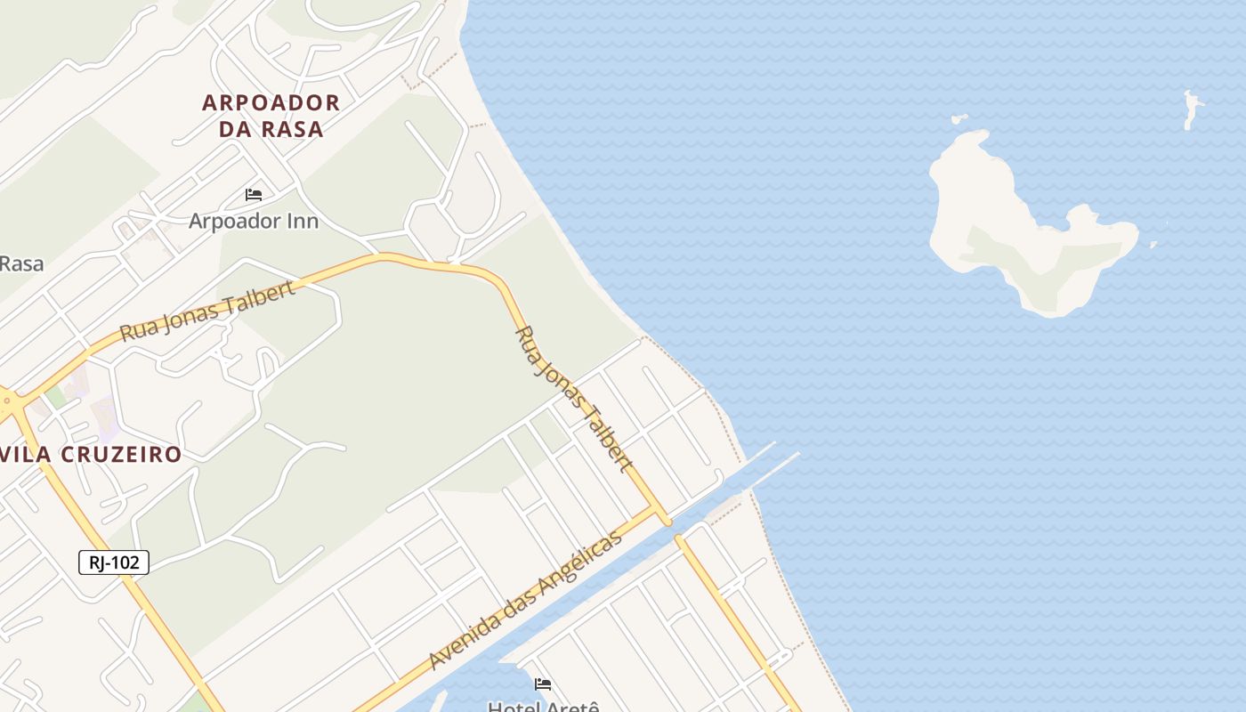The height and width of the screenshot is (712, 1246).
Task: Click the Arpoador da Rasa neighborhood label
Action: coord(271,116)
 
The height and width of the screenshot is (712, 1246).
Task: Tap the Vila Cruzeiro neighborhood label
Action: coord(91,454)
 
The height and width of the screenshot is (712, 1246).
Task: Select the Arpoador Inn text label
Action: coord(254,220)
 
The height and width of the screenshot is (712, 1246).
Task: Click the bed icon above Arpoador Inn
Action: coord(254,195)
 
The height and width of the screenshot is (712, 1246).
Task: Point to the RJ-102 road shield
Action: coord(114,562)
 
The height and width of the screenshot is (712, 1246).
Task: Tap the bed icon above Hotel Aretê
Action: coord(543,684)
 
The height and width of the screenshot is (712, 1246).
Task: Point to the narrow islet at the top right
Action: coord(1192,109)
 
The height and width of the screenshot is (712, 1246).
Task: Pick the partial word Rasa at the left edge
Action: coord(20,263)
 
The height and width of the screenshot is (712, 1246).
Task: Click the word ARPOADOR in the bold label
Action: coord(271,102)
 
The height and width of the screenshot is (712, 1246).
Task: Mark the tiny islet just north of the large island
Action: coord(959,118)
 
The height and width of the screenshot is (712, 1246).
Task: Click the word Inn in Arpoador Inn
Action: coord(303,220)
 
